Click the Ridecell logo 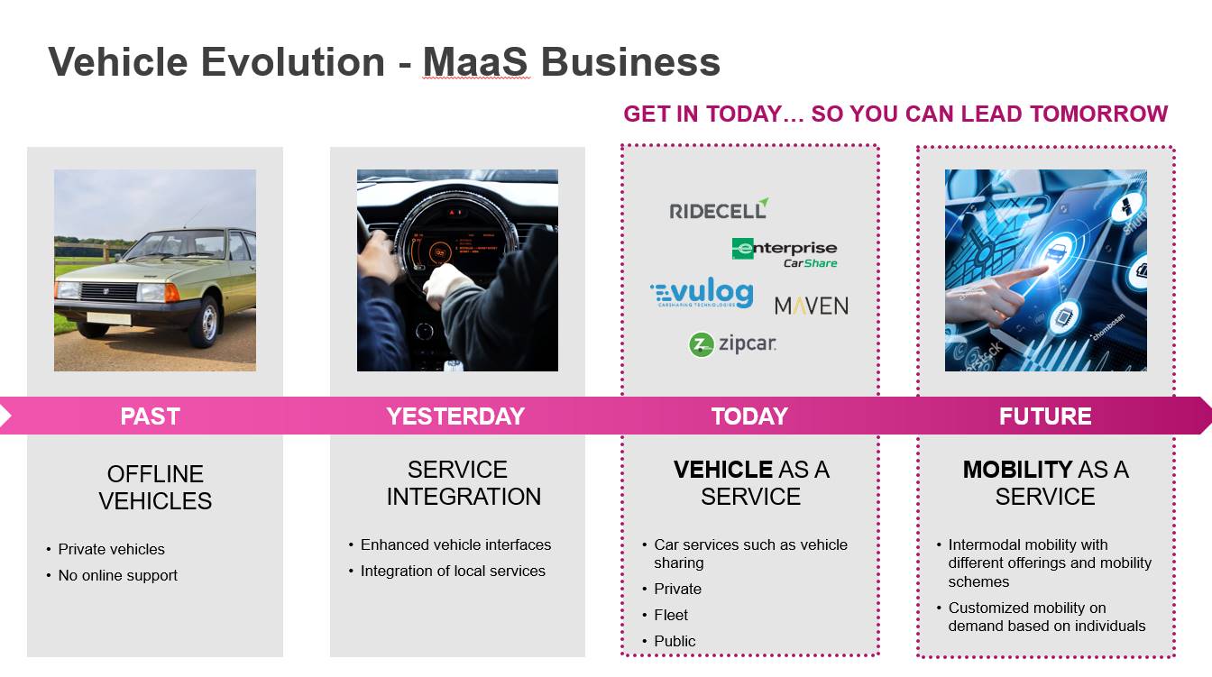tap(719, 209)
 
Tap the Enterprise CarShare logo tap(784, 253)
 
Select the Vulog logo tap(702, 293)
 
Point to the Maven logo tap(811, 306)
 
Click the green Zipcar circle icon tap(702, 344)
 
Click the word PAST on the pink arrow tap(150, 416)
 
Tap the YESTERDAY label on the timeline tap(455, 416)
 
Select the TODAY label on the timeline tap(749, 416)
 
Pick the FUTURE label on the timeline tap(1045, 416)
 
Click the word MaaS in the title tap(475, 61)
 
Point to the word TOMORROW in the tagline tap(1099, 114)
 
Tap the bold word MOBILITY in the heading tap(1017, 470)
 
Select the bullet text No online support tap(117, 575)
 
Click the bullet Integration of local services tap(453, 571)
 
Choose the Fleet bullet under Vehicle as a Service tap(671, 616)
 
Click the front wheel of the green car tap(207, 324)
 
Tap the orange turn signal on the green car tap(171, 293)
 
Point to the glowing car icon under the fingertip tap(1056, 252)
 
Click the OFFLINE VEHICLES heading tap(155, 487)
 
